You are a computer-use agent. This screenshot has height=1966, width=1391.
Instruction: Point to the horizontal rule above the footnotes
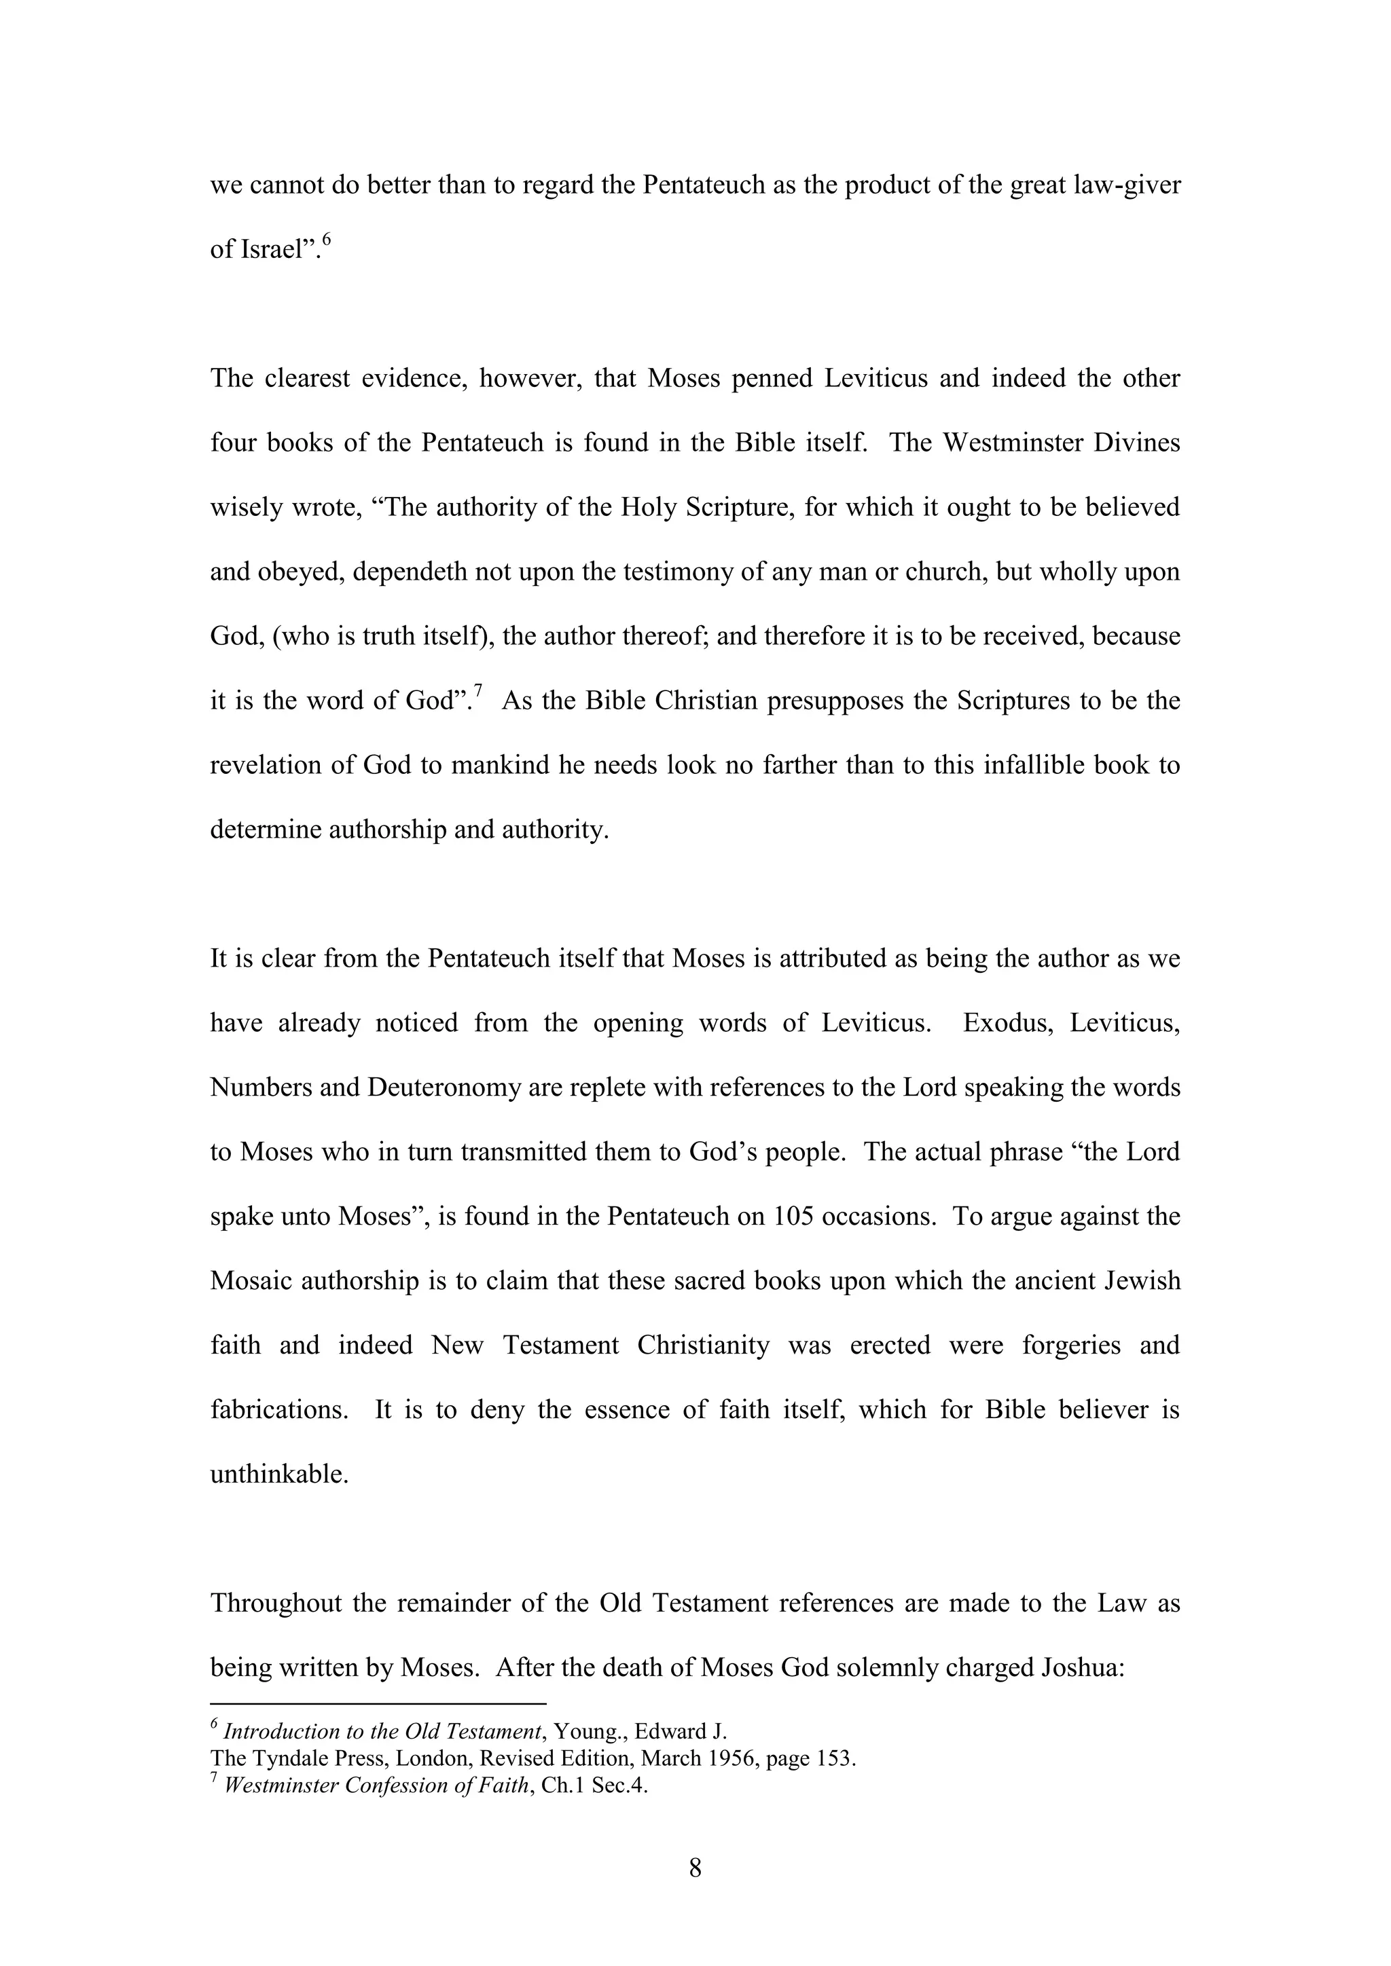tap(378, 1704)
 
